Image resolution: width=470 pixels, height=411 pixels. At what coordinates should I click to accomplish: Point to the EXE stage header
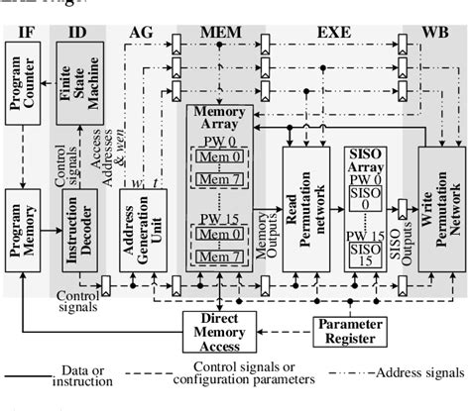pos(333,33)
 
